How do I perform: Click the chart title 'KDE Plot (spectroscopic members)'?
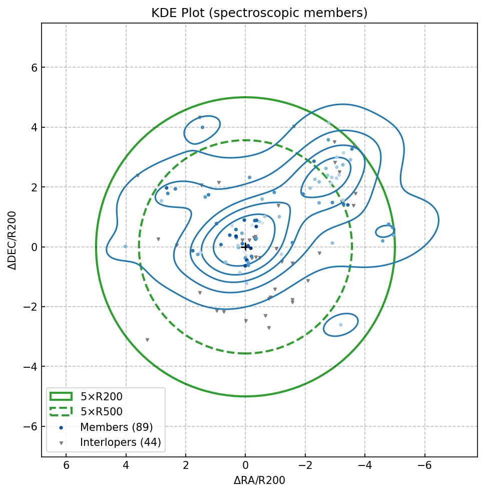point(259,13)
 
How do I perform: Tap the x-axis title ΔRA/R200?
point(259,480)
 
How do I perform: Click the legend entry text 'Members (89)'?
point(116,427)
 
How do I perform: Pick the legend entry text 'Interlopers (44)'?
point(120,442)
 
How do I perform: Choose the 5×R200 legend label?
point(101,397)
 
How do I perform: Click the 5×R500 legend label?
point(101,412)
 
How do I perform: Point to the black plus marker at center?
point(245,246)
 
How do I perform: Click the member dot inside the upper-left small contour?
point(202,127)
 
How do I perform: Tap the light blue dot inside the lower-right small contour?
point(341,325)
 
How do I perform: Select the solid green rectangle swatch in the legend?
point(61,396)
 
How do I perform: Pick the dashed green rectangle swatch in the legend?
point(61,411)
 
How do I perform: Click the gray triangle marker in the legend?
point(61,443)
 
